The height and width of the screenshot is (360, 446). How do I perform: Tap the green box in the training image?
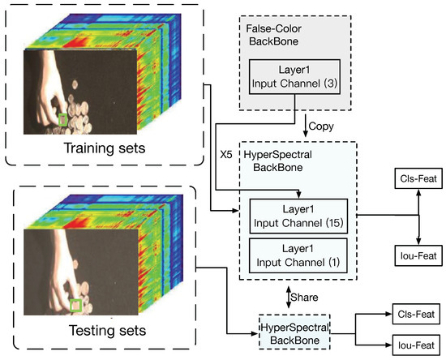[63, 120]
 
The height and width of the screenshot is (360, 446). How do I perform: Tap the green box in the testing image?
[75, 305]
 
